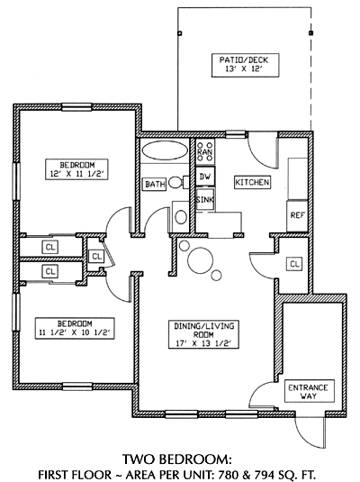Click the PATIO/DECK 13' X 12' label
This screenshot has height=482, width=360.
pos(245,65)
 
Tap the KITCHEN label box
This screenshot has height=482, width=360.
pos(252,182)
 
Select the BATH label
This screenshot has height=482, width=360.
pos(155,184)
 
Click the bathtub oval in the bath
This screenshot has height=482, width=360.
pos(165,151)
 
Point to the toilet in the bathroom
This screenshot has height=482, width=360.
pos(178,182)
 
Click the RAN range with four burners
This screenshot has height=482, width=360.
pos(205,151)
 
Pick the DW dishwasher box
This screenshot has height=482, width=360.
pos(205,177)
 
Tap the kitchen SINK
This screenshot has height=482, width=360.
pos(205,200)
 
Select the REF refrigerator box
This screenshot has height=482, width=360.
pos(297,216)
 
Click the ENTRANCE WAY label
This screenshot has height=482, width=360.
pos(309,391)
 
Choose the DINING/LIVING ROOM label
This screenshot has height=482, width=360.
pos(203,334)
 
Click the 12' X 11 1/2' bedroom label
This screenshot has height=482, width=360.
pos(76,169)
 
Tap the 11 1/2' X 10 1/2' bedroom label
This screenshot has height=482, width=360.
pos(75,328)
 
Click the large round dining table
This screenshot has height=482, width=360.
pos(201,260)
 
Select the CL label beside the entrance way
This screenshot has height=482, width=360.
pos(294,264)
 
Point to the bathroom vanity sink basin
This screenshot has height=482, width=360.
pos(181,217)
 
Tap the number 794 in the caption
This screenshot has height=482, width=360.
pos(264,475)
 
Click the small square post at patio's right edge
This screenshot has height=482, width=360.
pos(310,33)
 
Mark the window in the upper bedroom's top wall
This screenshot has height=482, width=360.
pos(76,106)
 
